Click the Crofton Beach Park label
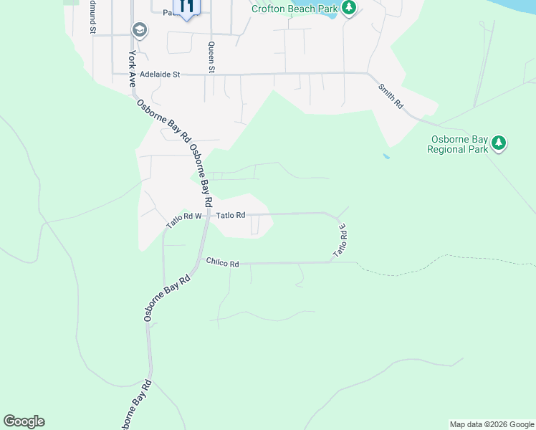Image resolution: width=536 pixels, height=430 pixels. pos(294,9)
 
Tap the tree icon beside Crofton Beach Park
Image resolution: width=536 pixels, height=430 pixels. pos(349,8)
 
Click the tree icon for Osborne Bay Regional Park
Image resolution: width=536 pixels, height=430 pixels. pos(499,143)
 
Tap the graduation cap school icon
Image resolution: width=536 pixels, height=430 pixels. pos(138,30)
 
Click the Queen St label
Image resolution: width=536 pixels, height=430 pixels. pos(211,58)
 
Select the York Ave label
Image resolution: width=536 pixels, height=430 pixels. pos(132,68)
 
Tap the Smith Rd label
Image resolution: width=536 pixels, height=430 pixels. pos(391,95)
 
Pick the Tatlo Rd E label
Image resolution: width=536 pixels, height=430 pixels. pos(340,242)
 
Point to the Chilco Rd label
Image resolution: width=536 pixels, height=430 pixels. pos(222,263)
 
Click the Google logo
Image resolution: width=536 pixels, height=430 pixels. pos(24,421)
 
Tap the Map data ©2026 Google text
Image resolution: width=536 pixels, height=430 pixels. pos(492,424)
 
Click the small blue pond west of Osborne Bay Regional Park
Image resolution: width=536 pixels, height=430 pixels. pos(387,156)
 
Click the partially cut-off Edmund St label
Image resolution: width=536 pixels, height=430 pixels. pos(92,17)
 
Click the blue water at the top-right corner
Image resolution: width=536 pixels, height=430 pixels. pos(516,6)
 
